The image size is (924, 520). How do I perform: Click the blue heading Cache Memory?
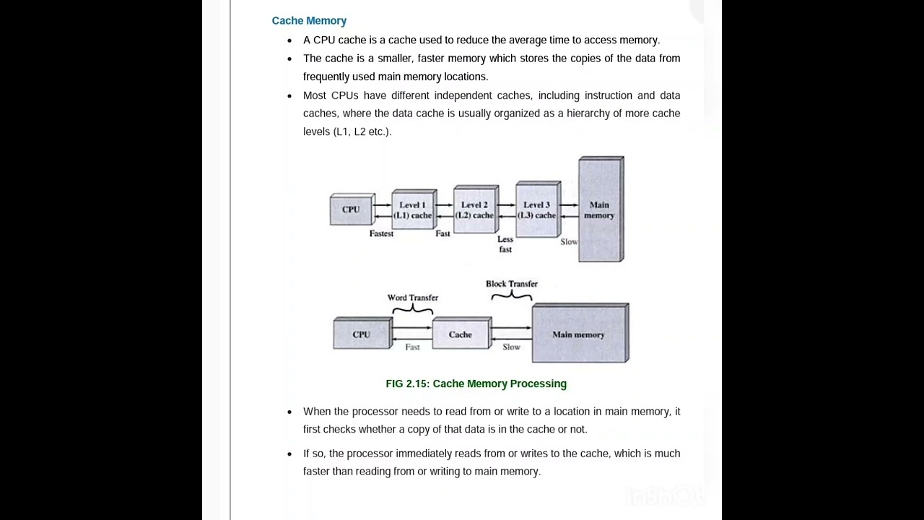309,21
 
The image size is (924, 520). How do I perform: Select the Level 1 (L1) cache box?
413,210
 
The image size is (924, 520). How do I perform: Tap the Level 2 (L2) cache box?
475,210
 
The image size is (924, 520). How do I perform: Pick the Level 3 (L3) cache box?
537,210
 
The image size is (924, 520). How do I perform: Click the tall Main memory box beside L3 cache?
600,210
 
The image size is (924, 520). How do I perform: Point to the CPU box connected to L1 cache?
352,209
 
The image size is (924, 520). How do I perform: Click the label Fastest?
381,234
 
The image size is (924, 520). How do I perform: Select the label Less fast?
505,244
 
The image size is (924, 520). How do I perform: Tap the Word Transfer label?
412,298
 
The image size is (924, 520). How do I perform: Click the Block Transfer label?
511,284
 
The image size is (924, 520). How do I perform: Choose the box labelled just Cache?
461,334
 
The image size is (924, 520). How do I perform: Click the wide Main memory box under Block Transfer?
579,334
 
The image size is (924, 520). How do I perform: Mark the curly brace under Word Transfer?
413,309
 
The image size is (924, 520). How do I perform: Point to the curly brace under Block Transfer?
512,295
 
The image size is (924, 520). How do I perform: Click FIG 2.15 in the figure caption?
407,383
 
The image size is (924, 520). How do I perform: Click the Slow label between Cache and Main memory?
511,347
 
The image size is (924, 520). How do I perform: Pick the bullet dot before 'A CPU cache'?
289,40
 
